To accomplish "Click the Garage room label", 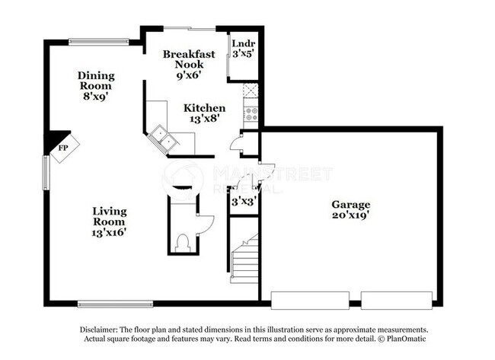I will pyautogui.click(x=350, y=210).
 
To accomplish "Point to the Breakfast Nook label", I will pyautogui.click(x=189, y=65).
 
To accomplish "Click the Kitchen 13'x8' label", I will pyautogui.click(x=204, y=113).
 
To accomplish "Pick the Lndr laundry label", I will pyautogui.click(x=243, y=49).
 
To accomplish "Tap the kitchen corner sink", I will pyautogui.click(x=161, y=138).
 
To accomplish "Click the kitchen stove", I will pyautogui.click(x=251, y=116).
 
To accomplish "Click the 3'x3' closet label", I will pyautogui.click(x=244, y=202).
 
